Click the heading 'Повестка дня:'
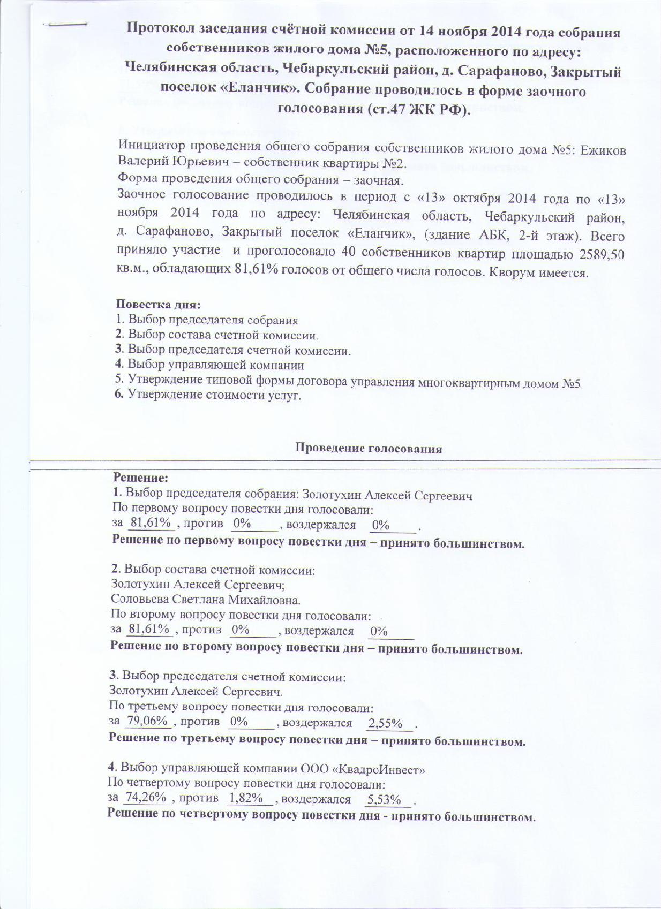tap(159, 305)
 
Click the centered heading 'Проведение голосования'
tap(369, 449)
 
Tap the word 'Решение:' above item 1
tap(141, 477)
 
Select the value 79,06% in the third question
tap(148, 721)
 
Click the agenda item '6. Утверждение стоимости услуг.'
tap(209, 396)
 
